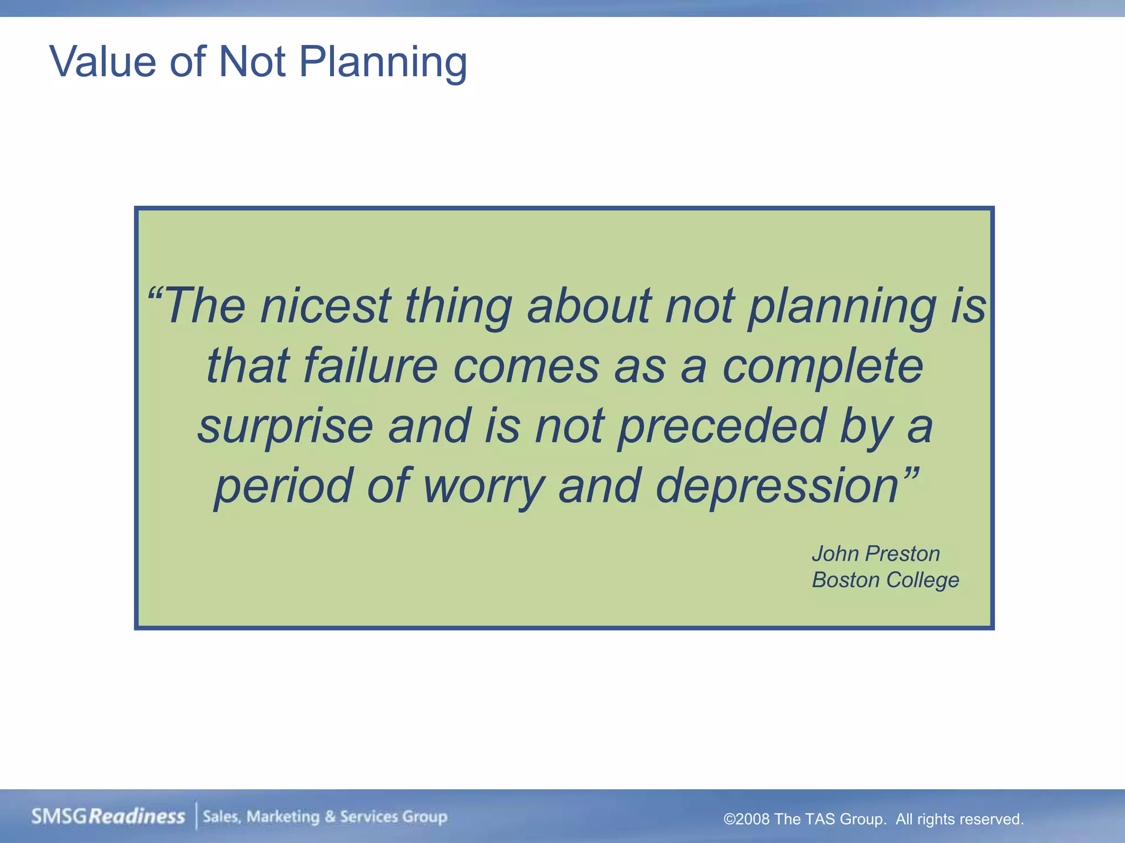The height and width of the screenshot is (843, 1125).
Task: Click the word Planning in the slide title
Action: coord(383,63)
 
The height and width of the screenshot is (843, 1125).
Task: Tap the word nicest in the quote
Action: coord(325,306)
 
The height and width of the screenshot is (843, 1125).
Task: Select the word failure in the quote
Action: coord(370,366)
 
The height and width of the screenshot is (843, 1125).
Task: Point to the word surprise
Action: coord(285,426)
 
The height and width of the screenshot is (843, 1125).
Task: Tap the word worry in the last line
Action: coord(484,486)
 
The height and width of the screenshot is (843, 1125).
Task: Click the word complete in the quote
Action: coord(822,366)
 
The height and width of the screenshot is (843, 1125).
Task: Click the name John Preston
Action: coord(876,554)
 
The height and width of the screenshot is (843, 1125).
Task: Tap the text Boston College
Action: coord(885,580)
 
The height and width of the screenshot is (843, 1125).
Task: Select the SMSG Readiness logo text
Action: coord(108,817)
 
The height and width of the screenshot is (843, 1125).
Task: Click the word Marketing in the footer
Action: coord(282,817)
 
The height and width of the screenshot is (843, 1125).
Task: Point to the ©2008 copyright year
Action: coord(747,819)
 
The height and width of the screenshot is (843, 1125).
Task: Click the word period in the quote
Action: coord(283,486)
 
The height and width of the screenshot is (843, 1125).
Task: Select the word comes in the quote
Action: coord(526,366)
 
